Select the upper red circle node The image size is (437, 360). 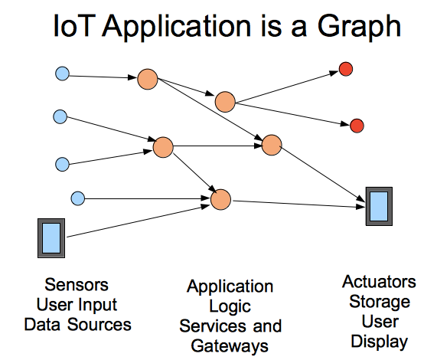pyautogui.click(x=345, y=70)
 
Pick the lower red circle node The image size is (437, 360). pyautogui.click(x=356, y=125)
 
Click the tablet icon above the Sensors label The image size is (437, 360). pyautogui.click(x=53, y=237)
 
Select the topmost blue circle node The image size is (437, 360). pyautogui.click(x=62, y=74)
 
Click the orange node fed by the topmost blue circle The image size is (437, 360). pyautogui.click(x=147, y=79)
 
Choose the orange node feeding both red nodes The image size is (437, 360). pyautogui.click(x=224, y=101)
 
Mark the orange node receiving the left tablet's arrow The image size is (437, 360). pyautogui.click(x=220, y=199)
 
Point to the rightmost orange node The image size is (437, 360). pyautogui.click(x=272, y=145)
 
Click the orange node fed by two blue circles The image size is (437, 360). pyautogui.click(x=163, y=147)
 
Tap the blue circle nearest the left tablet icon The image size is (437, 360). pyautogui.click(x=77, y=199)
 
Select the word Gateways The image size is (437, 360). pyautogui.click(x=230, y=345)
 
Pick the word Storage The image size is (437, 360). pyautogui.click(x=380, y=302)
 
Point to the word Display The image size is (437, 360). pyautogui.click(x=380, y=341)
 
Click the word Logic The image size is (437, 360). pyautogui.click(x=230, y=306)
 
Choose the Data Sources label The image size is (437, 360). pyautogui.click(x=77, y=324)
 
